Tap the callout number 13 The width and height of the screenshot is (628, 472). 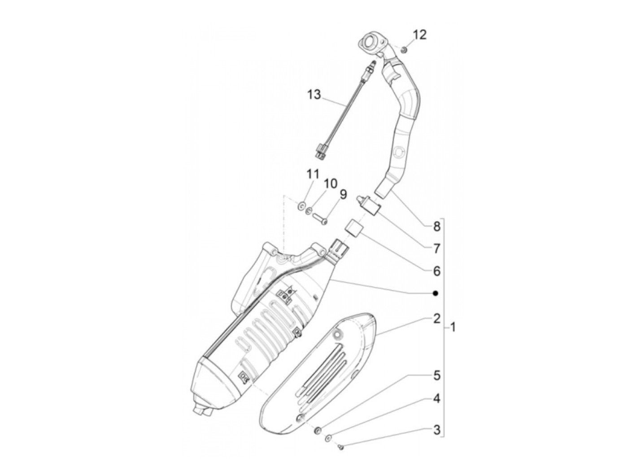(x=314, y=95)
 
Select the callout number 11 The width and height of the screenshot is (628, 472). (x=312, y=174)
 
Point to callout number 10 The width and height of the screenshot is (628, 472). (x=330, y=184)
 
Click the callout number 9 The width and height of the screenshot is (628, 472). (x=343, y=194)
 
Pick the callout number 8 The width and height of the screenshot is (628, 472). (x=436, y=227)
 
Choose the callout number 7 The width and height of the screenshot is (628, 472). (x=436, y=248)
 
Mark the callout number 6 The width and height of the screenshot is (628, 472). (x=436, y=271)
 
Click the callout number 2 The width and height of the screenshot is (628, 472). (x=436, y=319)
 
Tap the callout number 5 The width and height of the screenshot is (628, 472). (x=436, y=375)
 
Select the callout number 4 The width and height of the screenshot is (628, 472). (x=436, y=398)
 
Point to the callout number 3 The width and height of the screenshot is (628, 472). (x=436, y=431)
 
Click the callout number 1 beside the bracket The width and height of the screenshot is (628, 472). (x=453, y=328)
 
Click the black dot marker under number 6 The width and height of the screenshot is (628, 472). (x=435, y=293)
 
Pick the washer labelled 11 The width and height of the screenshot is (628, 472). (x=301, y=206)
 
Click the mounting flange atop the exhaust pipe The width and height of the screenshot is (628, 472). (x=371, y=44)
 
